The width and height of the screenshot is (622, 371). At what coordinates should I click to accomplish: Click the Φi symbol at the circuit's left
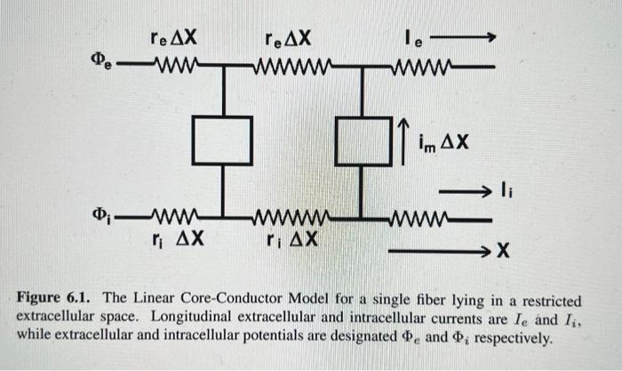tap(103, 217)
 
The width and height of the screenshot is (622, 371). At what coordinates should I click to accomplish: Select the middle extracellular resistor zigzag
tap(292, 67)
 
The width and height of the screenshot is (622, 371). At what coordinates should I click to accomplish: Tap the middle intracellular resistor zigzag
tap(293, 218)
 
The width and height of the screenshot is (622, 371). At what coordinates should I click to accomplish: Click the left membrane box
tap(222, 141)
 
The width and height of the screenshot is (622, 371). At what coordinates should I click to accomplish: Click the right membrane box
tap(364, 141)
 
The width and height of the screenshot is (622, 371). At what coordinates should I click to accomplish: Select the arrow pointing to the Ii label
tap(462, 190)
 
